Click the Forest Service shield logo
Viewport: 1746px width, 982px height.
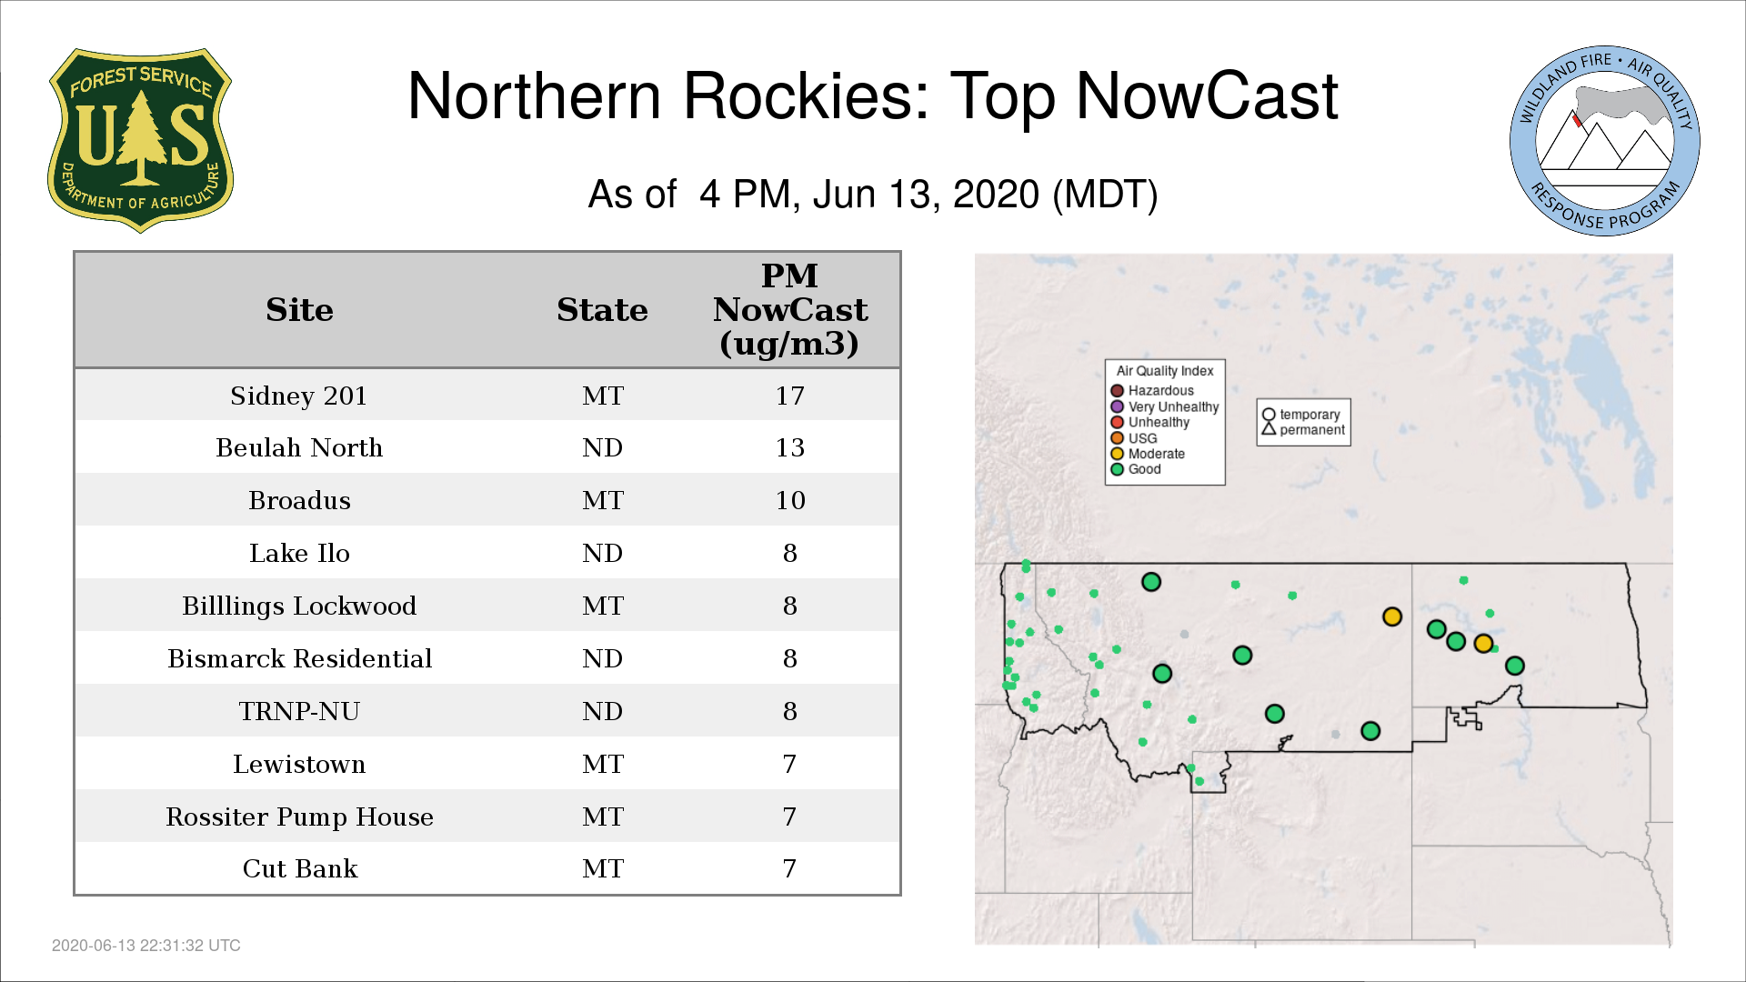point(140,140)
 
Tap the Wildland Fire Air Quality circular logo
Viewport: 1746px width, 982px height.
point(1605,141)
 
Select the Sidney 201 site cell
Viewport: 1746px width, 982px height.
point(299,396)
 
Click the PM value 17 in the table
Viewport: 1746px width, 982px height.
point(789,396)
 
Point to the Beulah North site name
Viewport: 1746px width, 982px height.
point(299,447)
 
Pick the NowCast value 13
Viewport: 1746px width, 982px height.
point(789,447)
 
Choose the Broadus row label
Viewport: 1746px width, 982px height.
point(299,500)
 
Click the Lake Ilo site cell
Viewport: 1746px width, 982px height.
point(299,553)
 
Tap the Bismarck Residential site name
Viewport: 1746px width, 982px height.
point(299,658)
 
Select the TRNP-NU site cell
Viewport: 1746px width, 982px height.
point(299,711)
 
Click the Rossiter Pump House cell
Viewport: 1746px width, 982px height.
point(299,817)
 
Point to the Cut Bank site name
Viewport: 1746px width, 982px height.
point(299,868)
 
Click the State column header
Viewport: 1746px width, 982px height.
point(602,310)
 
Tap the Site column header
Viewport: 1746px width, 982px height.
point(299,310)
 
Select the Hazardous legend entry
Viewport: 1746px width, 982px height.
point(1152,391)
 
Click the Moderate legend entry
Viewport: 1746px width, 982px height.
point(1148,454)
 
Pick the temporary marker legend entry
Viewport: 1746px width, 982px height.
point(1301,415)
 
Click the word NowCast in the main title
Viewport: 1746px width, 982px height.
point(1207,96)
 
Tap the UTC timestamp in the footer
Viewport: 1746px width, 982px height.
point(146,946)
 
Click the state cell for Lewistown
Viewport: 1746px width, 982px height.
point(602,764)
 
